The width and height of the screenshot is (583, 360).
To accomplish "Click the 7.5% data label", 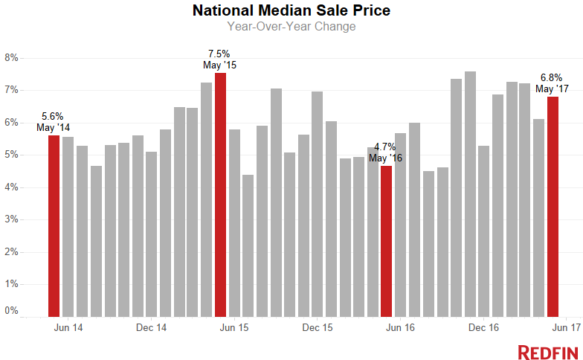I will [x=219, y=54].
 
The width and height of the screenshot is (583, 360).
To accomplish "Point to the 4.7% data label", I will [x=385, y=147].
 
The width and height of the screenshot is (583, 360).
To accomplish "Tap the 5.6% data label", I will [x=53, y=116].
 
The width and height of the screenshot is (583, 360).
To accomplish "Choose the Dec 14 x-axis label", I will [x=151, y=327].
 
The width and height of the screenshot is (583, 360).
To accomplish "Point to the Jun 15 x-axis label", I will [x=234, y=327].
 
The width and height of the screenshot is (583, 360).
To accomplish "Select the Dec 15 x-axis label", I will [x=318, y=327].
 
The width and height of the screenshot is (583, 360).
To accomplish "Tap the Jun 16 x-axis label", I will [x=400, y=327].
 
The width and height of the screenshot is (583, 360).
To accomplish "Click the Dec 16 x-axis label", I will [x=483, y=327].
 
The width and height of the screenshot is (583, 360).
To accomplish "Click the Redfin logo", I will [x=544, y=351].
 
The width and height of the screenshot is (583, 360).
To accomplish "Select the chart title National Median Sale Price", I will [x=291, y=11].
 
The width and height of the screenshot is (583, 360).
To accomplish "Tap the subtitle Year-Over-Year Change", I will [x=291, y=27].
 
